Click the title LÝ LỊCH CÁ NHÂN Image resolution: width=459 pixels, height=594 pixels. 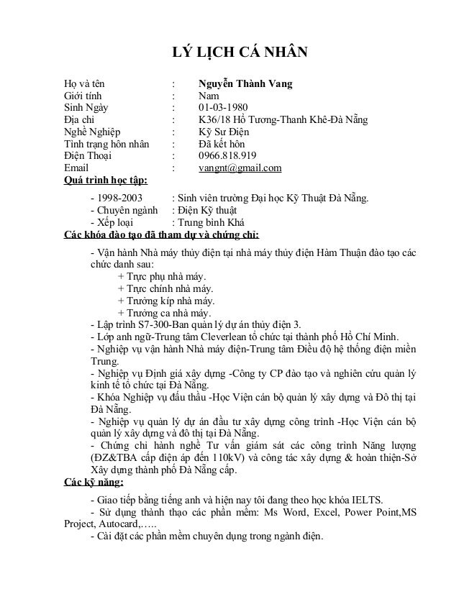pos(237,53)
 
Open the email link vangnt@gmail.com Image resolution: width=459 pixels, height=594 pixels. pos(240,169)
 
